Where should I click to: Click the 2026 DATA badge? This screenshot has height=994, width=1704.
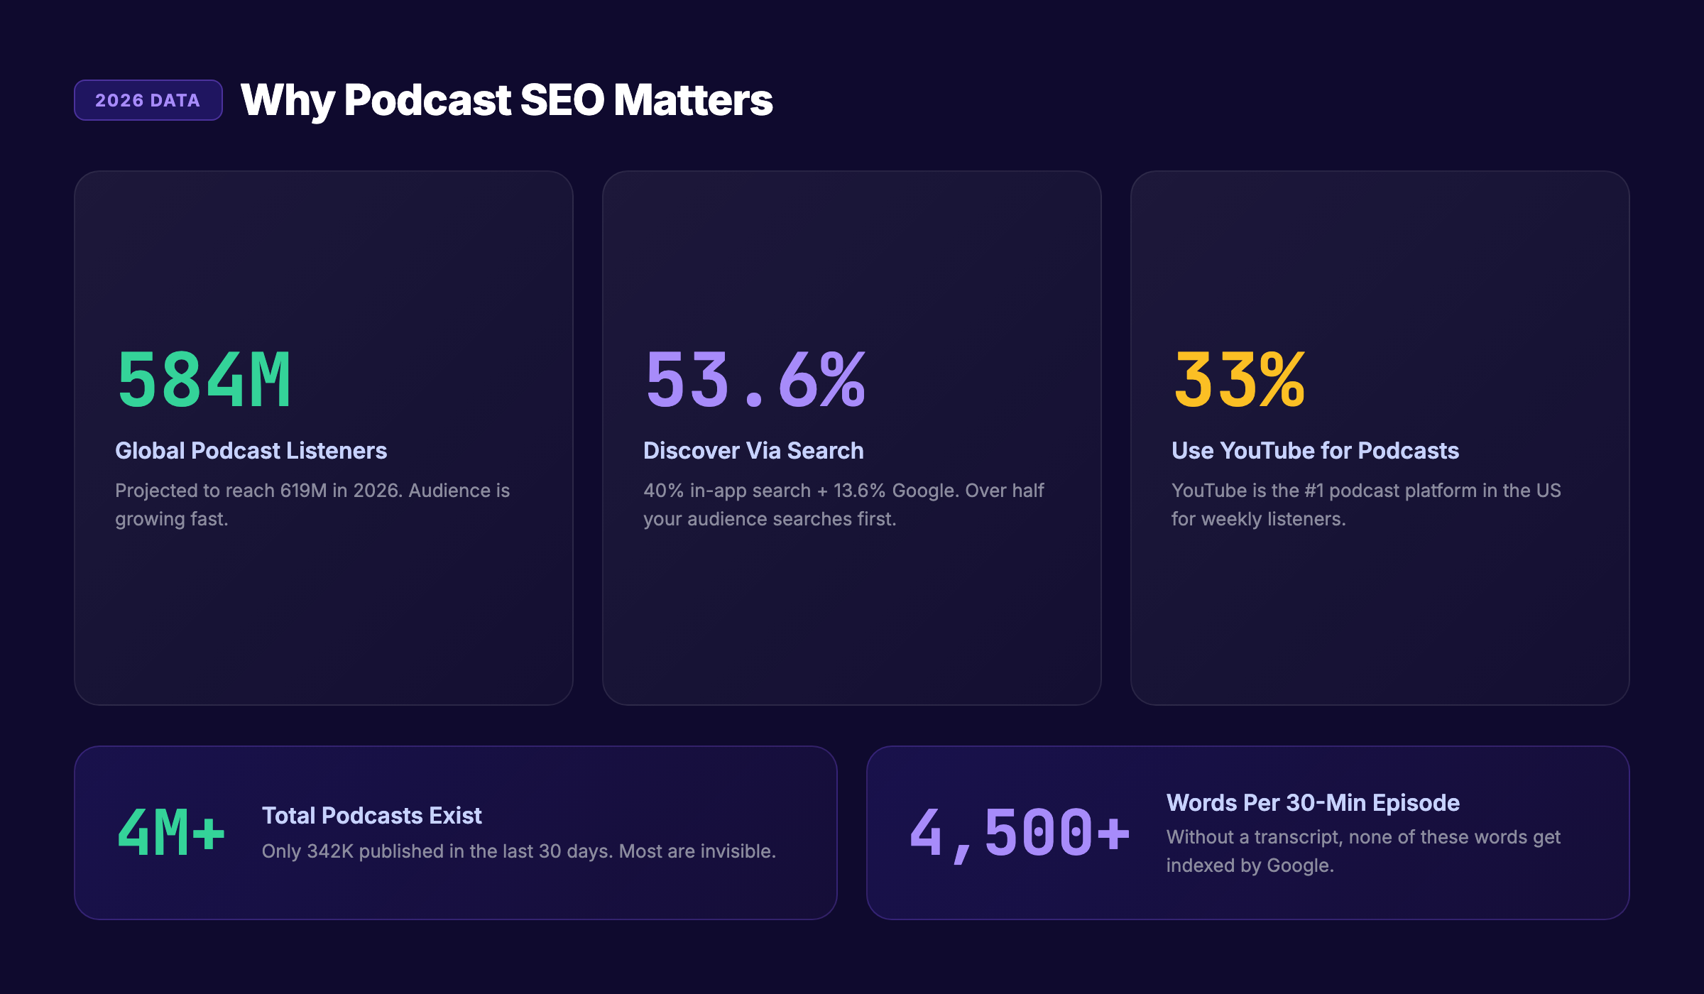pyautogui.click(x=148, y=100)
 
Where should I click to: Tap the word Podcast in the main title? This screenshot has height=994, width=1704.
pyautogui.click(x=427, y=100)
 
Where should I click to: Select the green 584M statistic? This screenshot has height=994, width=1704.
pyautogui.click(x=204, y=381)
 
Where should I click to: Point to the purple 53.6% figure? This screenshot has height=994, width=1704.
pyautogui.click(x=755, y=381)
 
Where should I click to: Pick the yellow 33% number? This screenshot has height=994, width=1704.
pyautogui.click(x=1240, y=381)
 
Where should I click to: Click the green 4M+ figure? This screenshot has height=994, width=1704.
pyautogui.click(x=171, y=832)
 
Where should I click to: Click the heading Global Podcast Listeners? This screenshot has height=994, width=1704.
pyautogui.click(x=251, y=451)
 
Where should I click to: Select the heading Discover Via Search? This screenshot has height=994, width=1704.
pyautogui.click(x=753, y=451)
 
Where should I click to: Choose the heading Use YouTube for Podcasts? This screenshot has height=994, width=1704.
pyautogui.click(x=1315, y=451)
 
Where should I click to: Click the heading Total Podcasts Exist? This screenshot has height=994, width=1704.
pyautogui.click(x=371, y=816)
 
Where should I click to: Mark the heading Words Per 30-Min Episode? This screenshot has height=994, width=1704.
pyautogui.click(x=1313, y=803)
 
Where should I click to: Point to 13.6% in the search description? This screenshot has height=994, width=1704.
pyautogui.click(x=859, y=491)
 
